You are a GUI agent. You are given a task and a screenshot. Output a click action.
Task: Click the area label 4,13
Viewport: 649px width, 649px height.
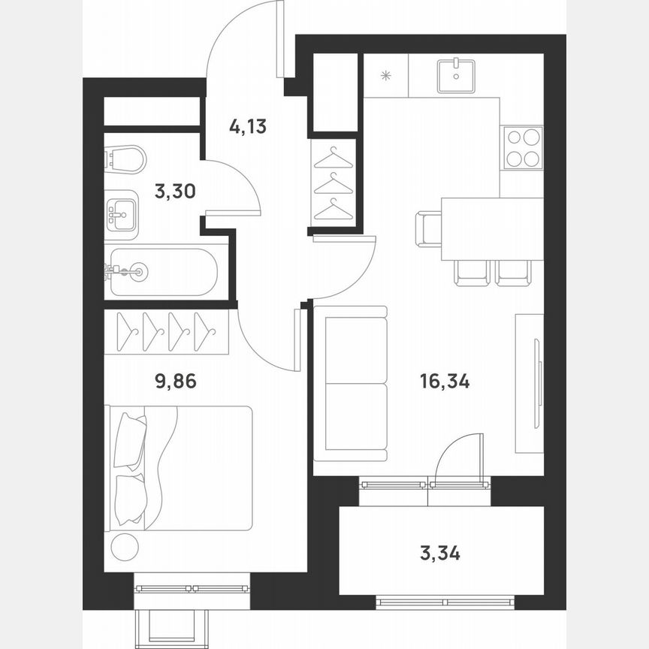tap(248, 126)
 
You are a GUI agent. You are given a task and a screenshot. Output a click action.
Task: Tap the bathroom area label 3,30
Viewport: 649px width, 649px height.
tap(175, 192)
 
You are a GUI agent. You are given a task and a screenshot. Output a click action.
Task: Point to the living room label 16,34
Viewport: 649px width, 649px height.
tap(445, 382)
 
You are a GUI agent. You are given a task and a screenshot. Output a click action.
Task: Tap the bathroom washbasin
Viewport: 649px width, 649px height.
tap(121, 214)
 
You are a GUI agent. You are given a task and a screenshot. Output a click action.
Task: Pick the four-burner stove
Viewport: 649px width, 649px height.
tap(523, 148)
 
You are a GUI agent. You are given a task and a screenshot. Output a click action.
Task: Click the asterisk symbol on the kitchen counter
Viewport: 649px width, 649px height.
tap(386, 75)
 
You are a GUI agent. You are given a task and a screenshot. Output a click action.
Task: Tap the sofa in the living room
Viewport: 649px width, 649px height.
tap(350, 384)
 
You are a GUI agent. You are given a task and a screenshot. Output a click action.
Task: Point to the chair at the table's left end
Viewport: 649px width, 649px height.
tap(428, 228)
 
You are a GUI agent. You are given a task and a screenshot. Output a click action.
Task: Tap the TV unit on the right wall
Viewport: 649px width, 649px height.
tap(530, 383)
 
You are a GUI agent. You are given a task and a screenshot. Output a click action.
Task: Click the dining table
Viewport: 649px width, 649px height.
tap(492, 228)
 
